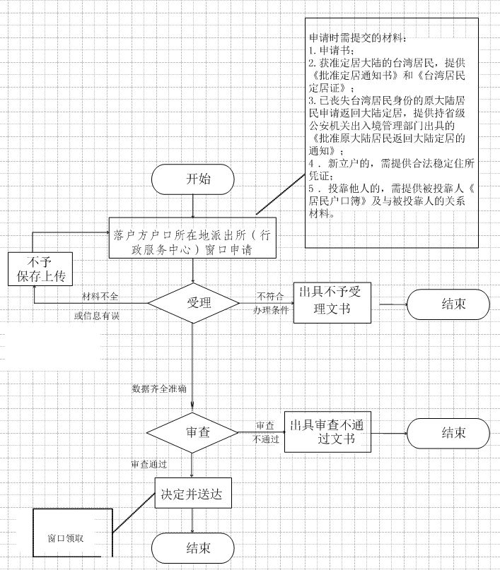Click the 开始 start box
(x=193, y=179)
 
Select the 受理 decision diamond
(x=193, y=304)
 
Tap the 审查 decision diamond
(x=193, y=432)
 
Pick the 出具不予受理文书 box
(x=331, y=302)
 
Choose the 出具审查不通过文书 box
(x=327, y=431)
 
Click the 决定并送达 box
(x=193, y=494)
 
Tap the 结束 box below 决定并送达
(x=193, y=547)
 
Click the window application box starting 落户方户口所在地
(x=193, y=242)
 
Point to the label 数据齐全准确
(x=159, y=388)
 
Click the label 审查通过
(x=149, y=464)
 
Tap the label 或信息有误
(x=96, y=315)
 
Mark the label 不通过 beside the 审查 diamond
(x=265, y=439)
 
